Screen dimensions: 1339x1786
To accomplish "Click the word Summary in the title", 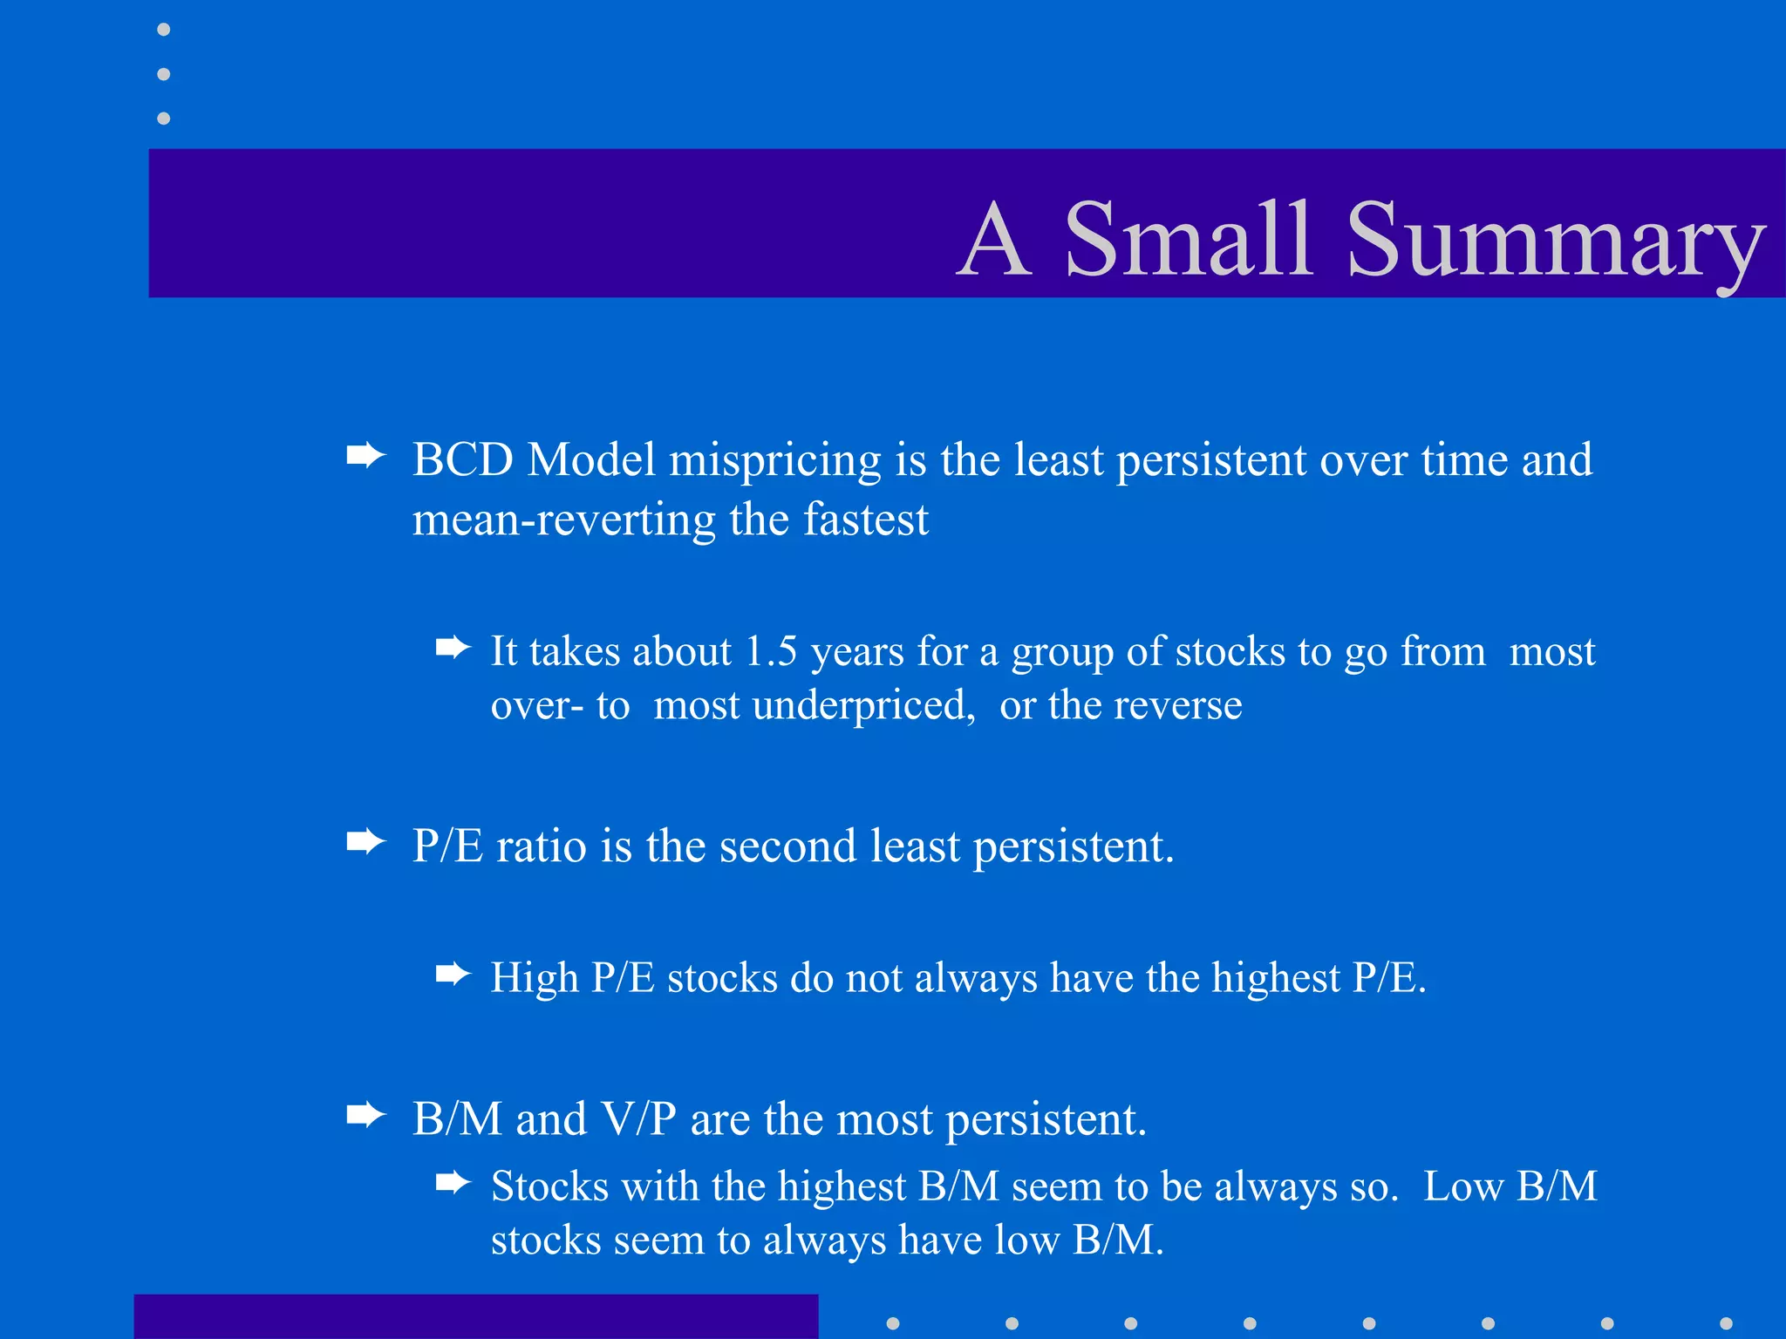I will [x=1556, y=239].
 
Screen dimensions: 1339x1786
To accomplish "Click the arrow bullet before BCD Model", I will [x=365, y=455].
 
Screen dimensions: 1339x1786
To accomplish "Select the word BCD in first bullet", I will [x=462, y=459].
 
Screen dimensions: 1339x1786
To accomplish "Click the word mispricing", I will [x=774, y=461].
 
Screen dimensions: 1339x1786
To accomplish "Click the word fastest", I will [x=865, y=520].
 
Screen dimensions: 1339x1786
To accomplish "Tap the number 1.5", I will [x=771, y=651].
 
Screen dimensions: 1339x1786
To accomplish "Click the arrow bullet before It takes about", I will [x=453, y=648].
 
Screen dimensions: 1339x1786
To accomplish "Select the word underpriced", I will [x=862, y=705].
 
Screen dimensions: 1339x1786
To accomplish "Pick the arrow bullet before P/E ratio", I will [x=365, y=842].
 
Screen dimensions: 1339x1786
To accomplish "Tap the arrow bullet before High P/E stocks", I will [x=453, y=974].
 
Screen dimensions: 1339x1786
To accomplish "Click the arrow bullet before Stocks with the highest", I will [x=453, y=1183].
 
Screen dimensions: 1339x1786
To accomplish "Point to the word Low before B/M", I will [x=1462, y=1186].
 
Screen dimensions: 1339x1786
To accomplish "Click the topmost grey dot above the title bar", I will [x=163, y=30].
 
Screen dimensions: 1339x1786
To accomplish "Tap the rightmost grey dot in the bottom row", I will [x=1726, y=1323].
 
